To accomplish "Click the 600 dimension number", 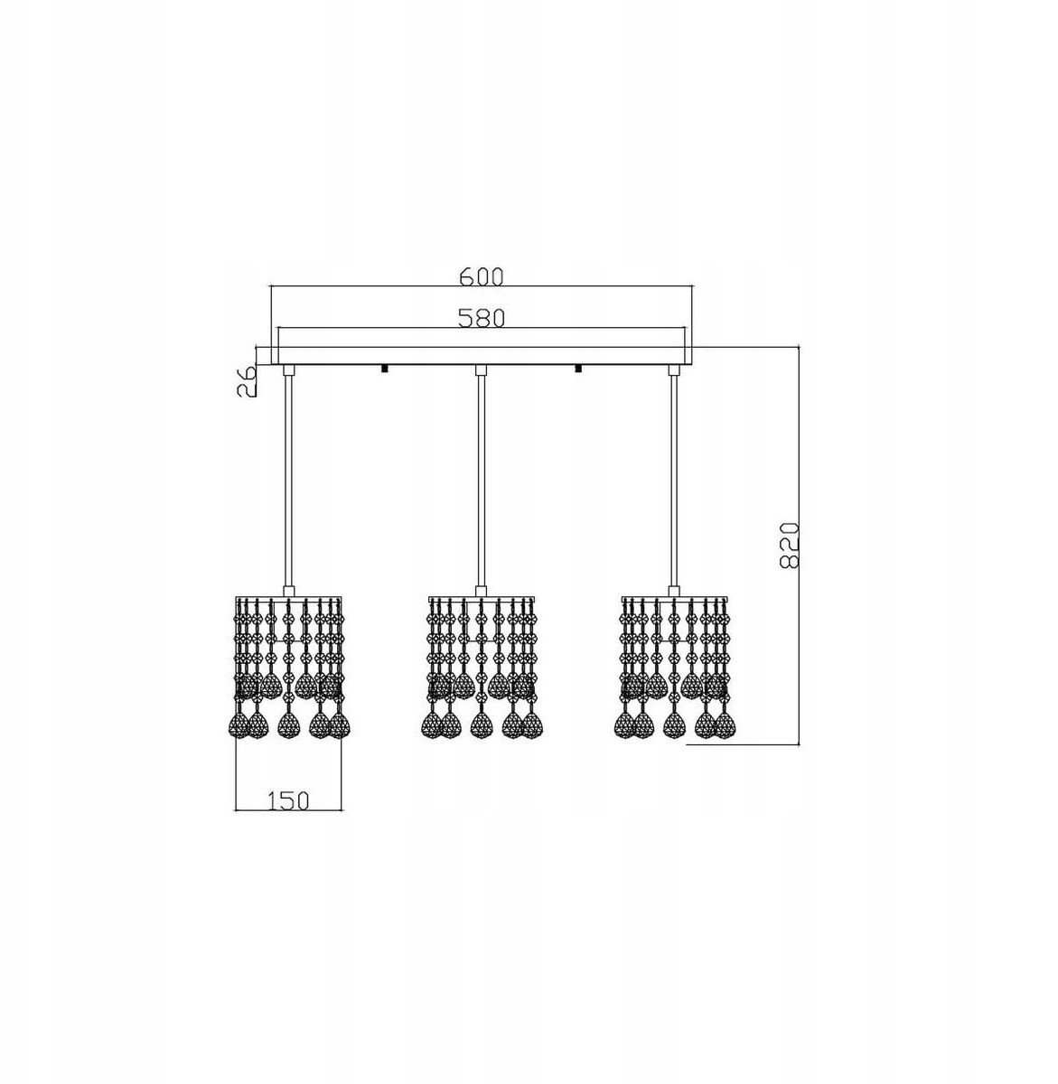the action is pyautogui.click(x=481, y=276).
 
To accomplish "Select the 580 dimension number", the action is pyautogui.click(x=481, y=318).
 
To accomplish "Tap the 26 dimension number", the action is pyautogui.click(x=247, y=381).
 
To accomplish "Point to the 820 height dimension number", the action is pyautogui.click(x=789, y=546).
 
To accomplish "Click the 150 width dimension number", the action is pyautogui.click(x=288, y=801).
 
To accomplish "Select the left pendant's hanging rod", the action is pyautogui.click(x=288, y=481).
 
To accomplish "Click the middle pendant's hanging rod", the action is pyautogui.click(x=481, y=481).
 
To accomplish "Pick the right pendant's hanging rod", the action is pyautogui.click(x=674, y=481).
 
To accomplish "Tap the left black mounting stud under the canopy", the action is pyautogui.click(x=383, y=369).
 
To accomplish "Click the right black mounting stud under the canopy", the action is pyautogui.click(x=578, y=369).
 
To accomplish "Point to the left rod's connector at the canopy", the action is pyautogui.click(x=288, y=370).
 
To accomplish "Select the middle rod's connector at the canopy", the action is pyautogui.click(x=481, y=370).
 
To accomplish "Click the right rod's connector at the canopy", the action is pyautogui.click(x=674, y=370).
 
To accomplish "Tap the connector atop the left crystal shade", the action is pyautogui.click(x=288, y=592).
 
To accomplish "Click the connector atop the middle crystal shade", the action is pyautogui.click(x=481, y=592).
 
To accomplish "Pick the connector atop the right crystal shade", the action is pyautogui.click(x=674, y=592).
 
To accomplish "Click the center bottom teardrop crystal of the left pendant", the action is pyautogui.click(x=288, y=725).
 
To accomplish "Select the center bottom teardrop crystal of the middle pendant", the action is pyautogui.click(x=481, y=725).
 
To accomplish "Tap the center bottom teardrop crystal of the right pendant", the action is pyautogui.click(x=674, y=725).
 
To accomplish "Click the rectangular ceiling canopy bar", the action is pyautogui.click(x=481, y=356).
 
